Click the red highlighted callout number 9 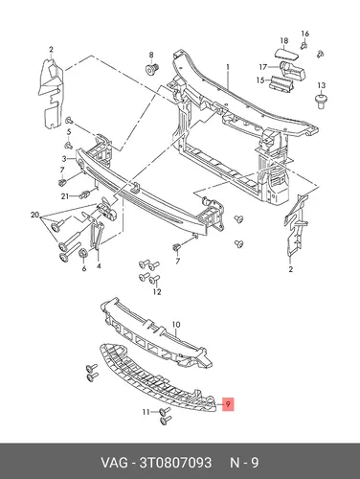[228, 404]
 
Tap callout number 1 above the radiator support [228, 67]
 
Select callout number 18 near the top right [284, 40]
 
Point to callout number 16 [305, 34]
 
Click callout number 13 [322, 85]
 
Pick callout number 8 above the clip [151, 55]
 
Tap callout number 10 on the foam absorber [176, 325]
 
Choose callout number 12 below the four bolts [157, 291]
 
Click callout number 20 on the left [34, 215]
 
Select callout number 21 [65, 196]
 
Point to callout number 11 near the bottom [146, 412]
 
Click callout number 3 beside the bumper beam [64, 159]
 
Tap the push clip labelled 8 [152, 69]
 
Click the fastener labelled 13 [321, 101]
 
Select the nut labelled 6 [83, 253]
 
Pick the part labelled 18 [286, 54]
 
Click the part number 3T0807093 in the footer [175, 462]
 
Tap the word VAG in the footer [114, 462]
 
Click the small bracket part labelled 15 [281, 83]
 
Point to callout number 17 [263, 67]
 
